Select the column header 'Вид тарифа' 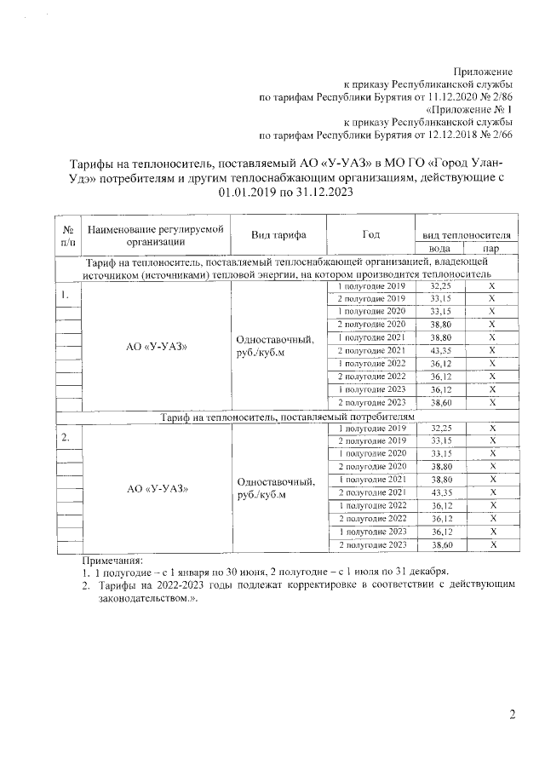[278, 234]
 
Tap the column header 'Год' [370, 234]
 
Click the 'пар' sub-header [490, 248]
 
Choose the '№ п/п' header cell [66, 235]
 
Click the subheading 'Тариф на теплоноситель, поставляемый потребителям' [282, 416]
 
